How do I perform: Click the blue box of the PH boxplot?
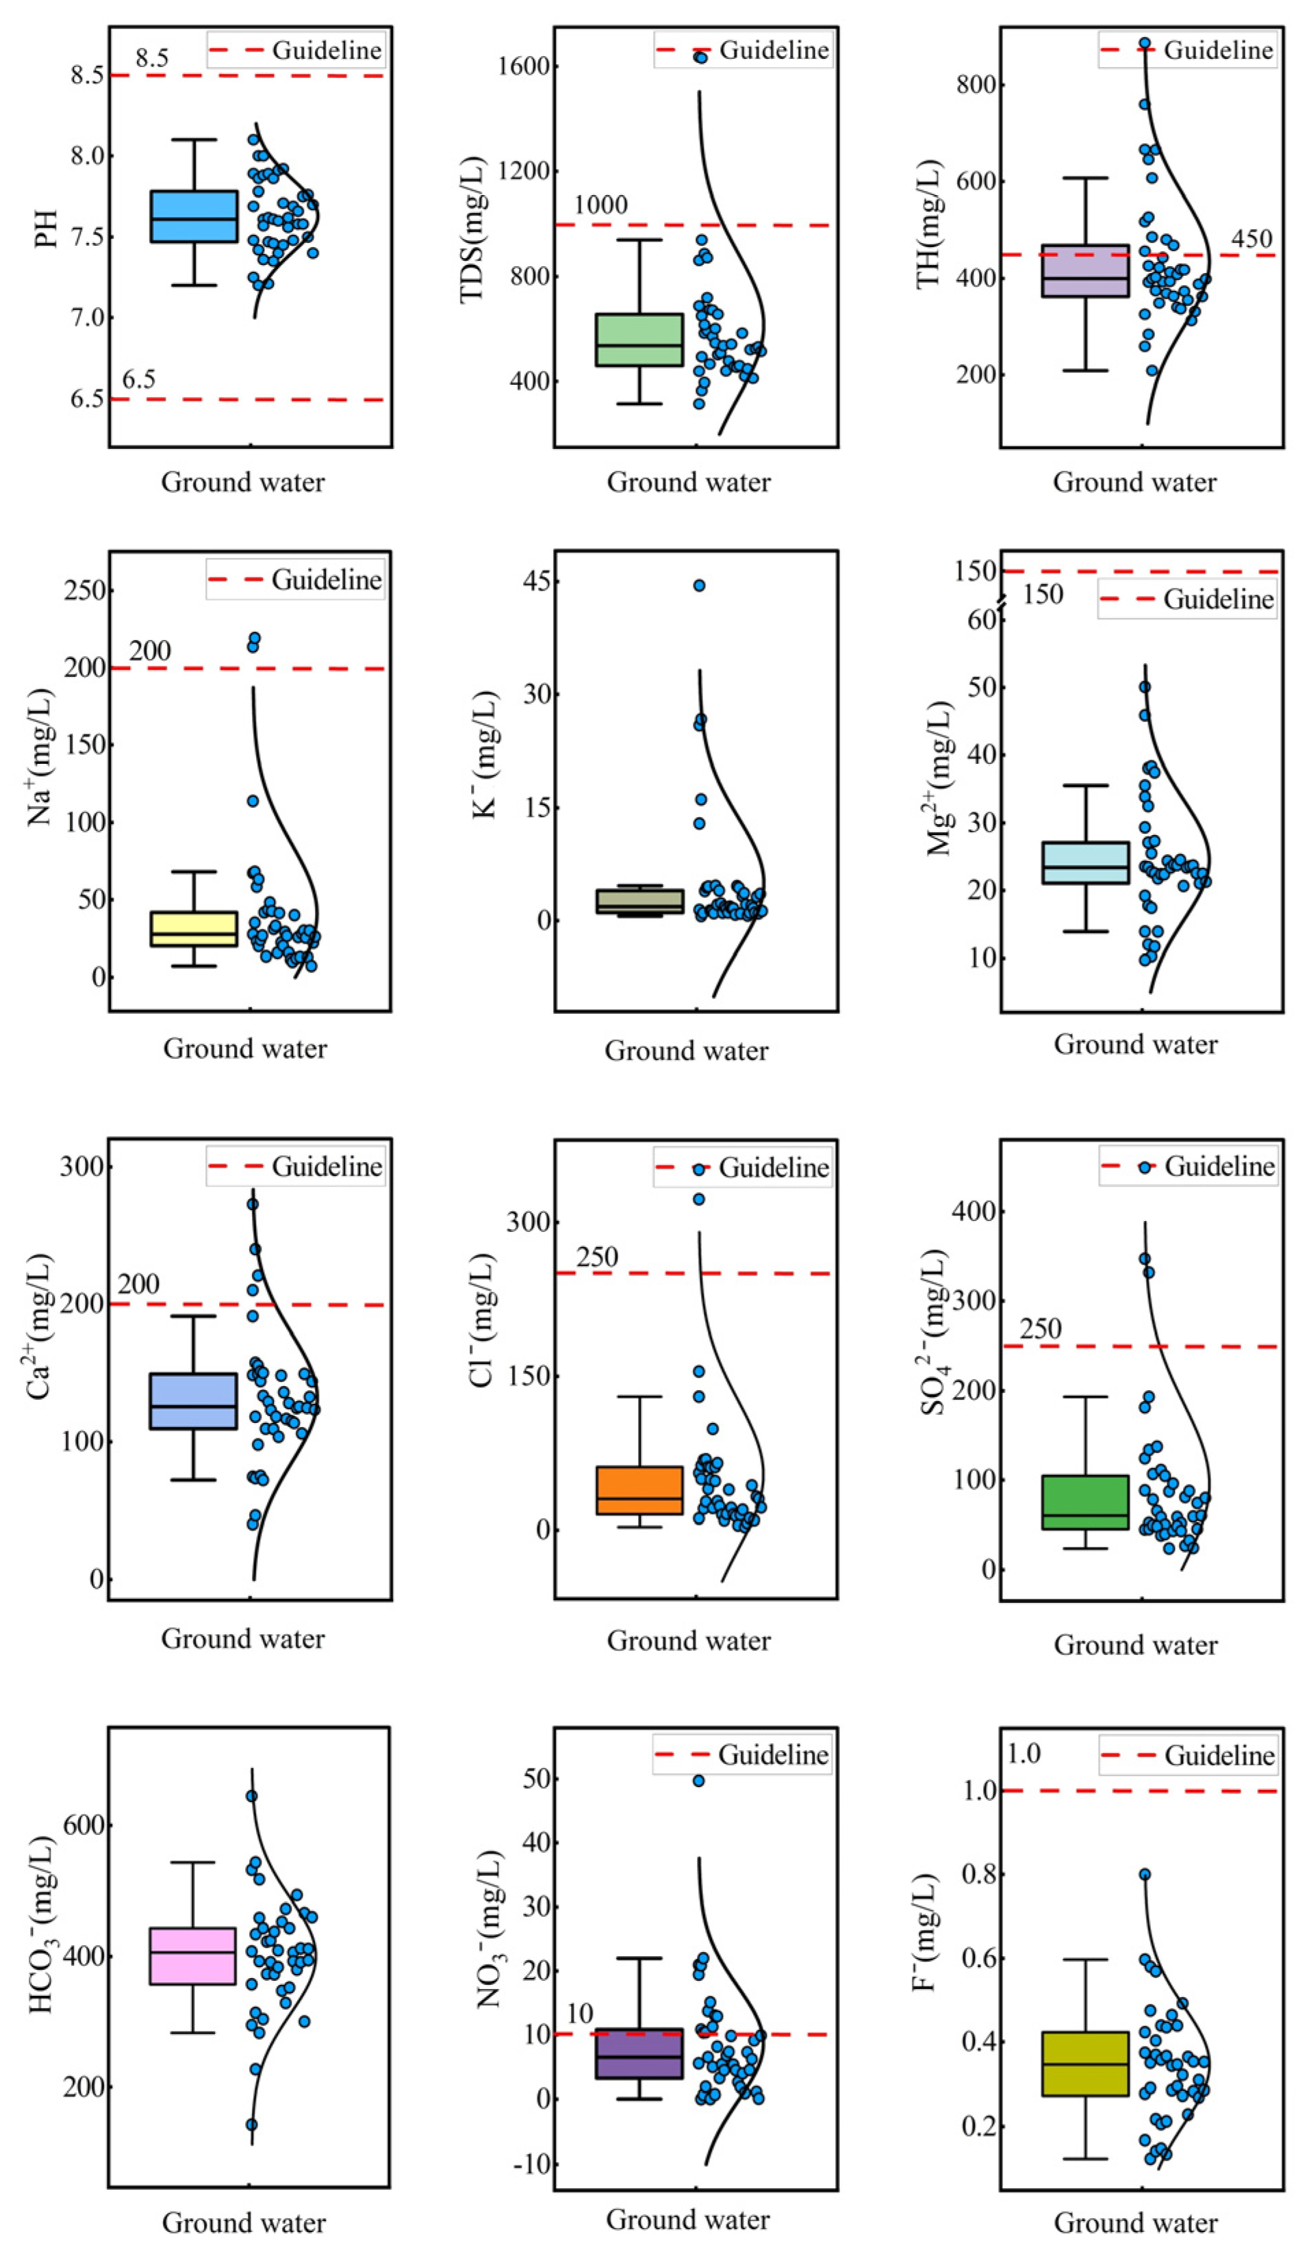coord(194,216)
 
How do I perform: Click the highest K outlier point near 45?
coord(699,586)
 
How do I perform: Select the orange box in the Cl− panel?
coord(639,1490)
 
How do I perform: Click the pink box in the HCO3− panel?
coord(192,1956)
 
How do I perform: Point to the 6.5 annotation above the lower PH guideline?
coord(139,379)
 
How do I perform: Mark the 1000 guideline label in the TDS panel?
coord(600,205)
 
